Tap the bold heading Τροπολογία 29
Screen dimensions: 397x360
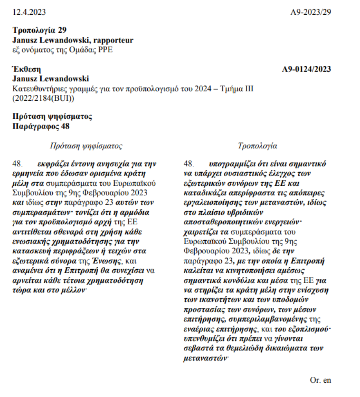39,31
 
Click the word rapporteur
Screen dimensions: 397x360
114,40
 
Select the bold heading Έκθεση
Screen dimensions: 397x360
27,69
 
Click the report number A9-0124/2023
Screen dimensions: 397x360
306,69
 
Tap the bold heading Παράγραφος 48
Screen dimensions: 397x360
41,126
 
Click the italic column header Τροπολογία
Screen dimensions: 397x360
257,146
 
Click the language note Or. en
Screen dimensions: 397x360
320,380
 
